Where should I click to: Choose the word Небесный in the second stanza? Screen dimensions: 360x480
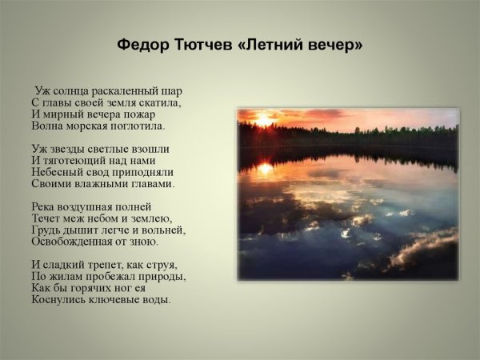57,172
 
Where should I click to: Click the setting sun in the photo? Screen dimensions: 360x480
265,121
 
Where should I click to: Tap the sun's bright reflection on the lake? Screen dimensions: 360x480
264,168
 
